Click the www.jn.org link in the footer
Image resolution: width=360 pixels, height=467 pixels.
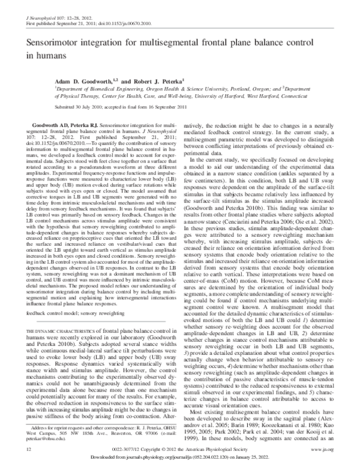(329, 448)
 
